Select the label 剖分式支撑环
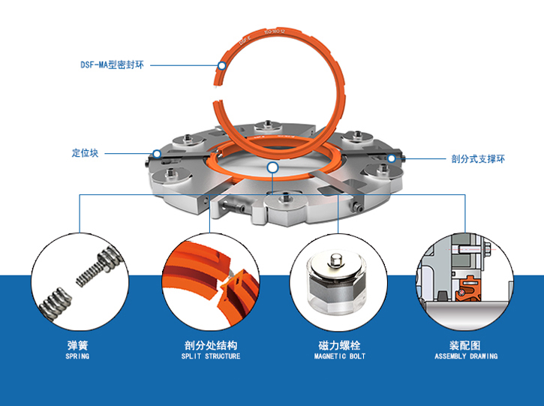478,158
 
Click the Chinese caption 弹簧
77,346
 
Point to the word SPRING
77,356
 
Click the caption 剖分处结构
211,346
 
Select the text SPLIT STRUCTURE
211,356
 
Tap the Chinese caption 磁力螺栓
339,346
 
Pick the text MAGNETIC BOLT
339,356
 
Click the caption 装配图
465,346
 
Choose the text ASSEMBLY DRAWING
465,356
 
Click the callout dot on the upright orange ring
221,65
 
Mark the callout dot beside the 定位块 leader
156,154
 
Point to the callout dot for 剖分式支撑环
391,158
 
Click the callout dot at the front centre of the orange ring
272,167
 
